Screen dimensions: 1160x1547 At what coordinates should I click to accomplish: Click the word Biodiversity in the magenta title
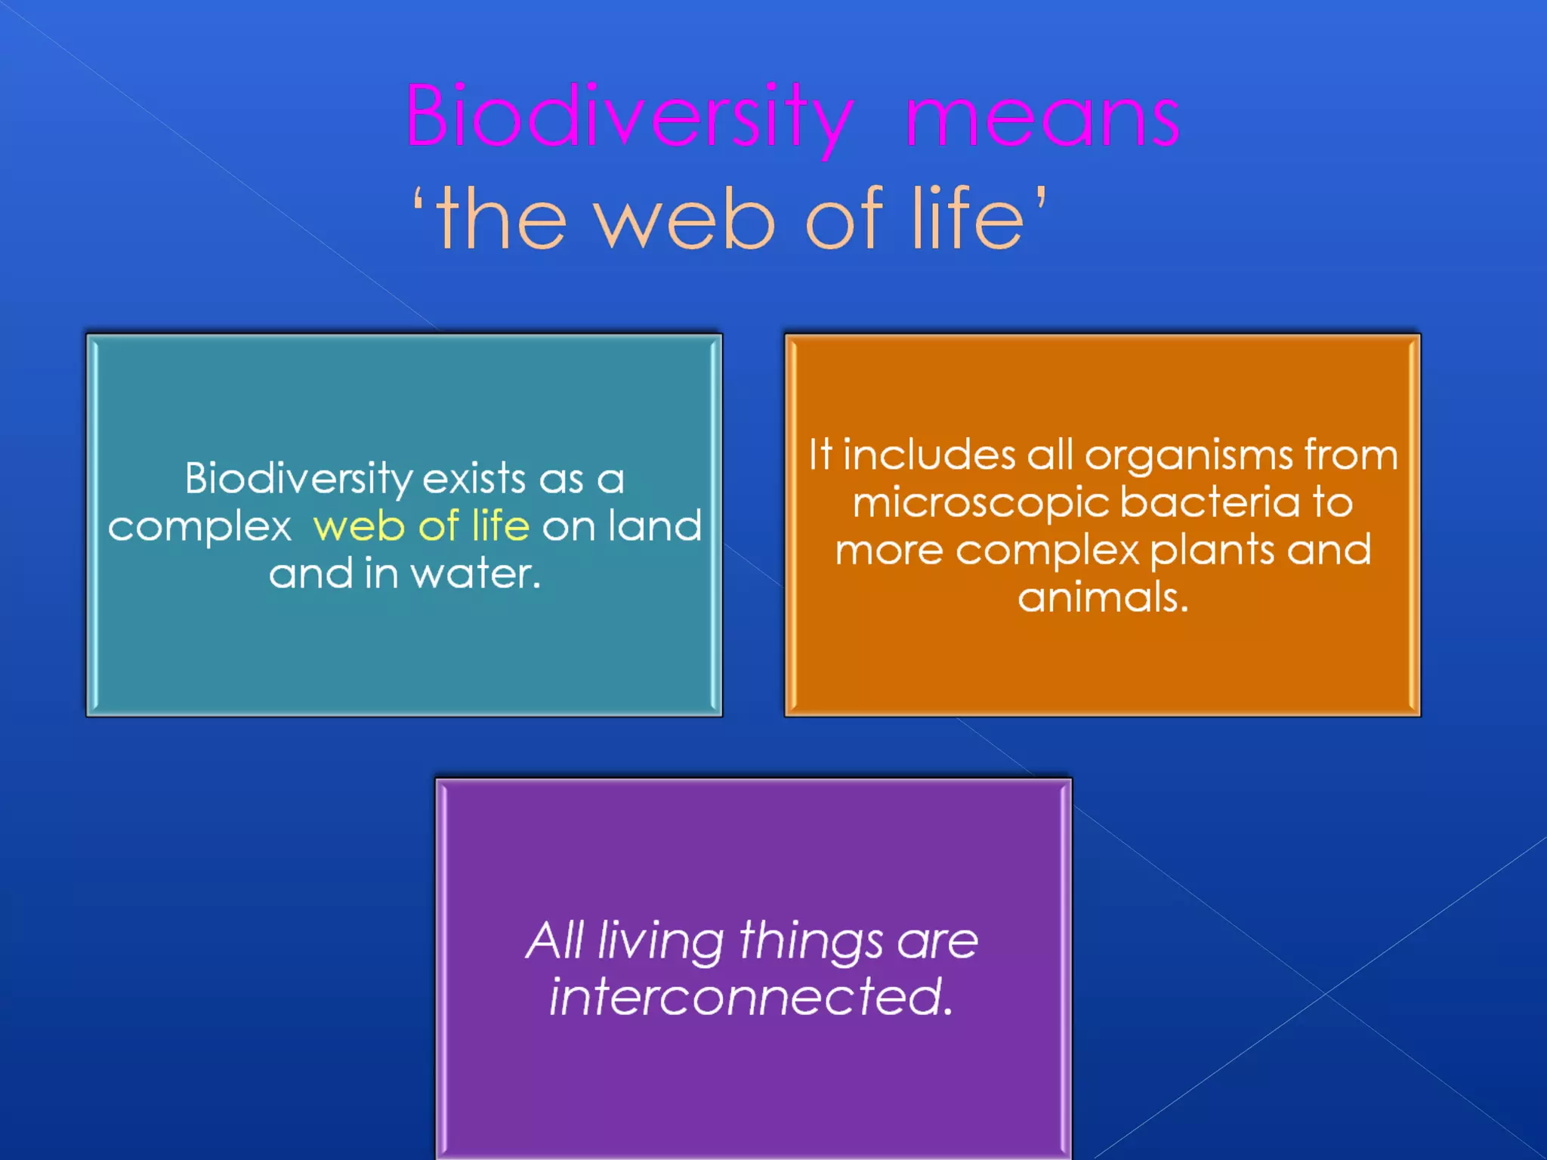pos(629,117)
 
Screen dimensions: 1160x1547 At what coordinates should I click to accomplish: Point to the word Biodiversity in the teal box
pos(298,480)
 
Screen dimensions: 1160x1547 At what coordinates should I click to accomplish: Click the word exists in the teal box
pos(474,480)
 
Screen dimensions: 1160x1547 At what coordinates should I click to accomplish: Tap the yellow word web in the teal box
pos(359,526)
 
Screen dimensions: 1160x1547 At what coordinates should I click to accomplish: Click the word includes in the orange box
pos(928,455)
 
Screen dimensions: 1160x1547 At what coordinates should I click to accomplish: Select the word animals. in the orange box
pos(1103,598)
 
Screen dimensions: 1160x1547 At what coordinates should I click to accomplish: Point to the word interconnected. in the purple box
pos(751,997)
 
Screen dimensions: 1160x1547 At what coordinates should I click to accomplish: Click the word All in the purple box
pos(555,941)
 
